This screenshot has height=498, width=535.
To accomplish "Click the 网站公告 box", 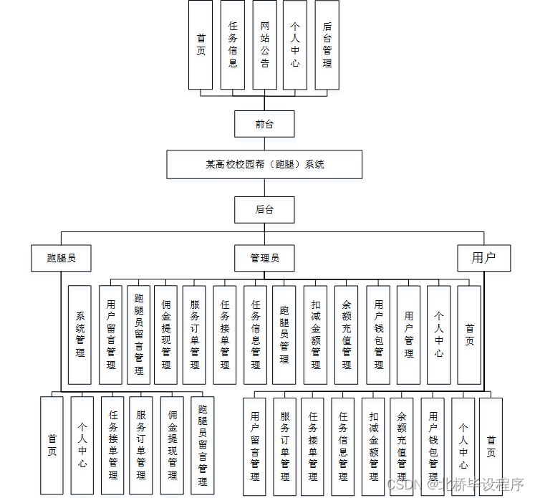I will pos(264,44).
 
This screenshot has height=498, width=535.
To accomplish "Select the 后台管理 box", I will pos(327,44).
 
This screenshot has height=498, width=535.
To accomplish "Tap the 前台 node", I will pos(264,124).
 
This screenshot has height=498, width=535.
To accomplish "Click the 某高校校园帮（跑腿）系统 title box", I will pos(264,164).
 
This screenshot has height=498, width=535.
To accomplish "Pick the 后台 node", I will pos(264,210).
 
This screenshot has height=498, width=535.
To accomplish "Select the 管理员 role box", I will pos(264,258).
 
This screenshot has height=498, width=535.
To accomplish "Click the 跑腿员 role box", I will pos(62,258).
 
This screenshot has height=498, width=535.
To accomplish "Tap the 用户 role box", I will pos(483,258).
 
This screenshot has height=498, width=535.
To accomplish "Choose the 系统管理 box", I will pos(80,335).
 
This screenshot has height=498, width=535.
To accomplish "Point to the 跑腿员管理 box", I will pos(284,335).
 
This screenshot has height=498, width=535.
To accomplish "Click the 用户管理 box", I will pos(408,335).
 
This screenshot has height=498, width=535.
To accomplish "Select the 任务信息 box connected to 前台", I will pos(233,44).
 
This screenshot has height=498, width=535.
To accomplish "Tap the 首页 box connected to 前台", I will pos(201,44).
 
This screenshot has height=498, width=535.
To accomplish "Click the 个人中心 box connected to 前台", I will pos(295,44).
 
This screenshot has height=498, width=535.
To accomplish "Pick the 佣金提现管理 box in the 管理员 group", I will pos(166,335).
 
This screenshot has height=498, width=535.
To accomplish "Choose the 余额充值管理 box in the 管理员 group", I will pos(347,335).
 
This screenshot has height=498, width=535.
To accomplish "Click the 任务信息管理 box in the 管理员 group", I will pos(255,335).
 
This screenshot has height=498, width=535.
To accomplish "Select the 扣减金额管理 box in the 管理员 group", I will pos(315,335).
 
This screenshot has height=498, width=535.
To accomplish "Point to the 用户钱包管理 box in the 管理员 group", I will pos(378,335).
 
